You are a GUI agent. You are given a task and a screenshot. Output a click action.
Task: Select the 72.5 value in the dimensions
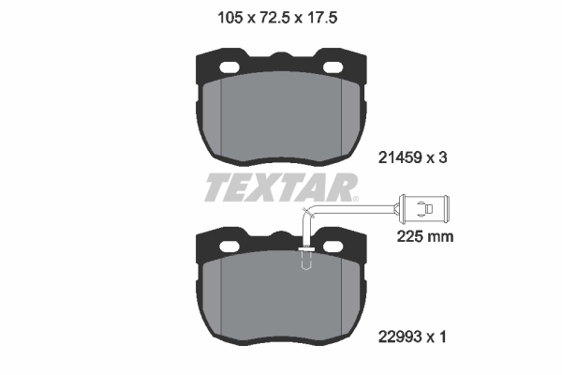point(277,15)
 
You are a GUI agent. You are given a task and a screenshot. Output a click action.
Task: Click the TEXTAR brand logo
point(280,188)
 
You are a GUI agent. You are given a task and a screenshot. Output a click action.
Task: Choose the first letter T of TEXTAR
point(216,188)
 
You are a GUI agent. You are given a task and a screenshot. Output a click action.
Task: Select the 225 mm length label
point(426,237)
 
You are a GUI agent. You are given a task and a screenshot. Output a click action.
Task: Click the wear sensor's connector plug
point(426,202)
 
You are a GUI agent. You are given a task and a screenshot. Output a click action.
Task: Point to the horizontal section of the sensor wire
point(356,204)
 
